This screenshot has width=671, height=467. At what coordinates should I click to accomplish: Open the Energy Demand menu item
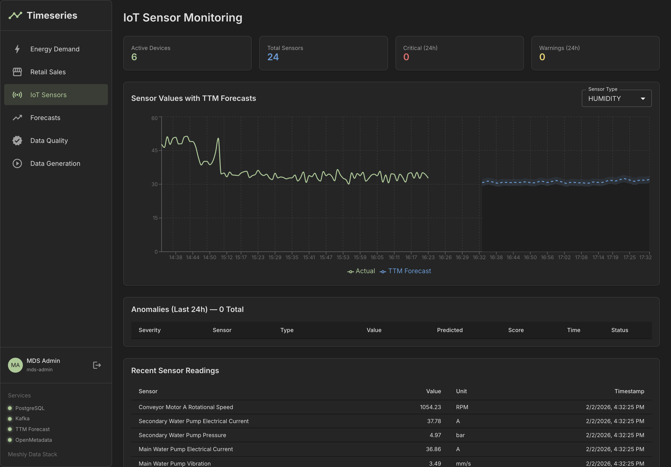coord(55,49)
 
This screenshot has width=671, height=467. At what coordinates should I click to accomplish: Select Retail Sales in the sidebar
coord(48,72)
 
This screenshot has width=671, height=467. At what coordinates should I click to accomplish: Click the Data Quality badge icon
coord(17,141)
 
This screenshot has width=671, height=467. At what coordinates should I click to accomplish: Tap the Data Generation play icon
coord(17,163)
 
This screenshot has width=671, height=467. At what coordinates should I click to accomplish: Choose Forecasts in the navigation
coord(45,118)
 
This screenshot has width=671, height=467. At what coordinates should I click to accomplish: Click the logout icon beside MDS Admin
coord(97,365)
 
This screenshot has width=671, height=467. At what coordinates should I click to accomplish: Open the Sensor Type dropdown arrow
coord(643,99)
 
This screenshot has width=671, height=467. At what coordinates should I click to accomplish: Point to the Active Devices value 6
coord(134,57)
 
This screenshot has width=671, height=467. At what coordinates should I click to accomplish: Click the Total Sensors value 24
coord(273,57)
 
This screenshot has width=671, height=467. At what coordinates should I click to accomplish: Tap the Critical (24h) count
coord(406,57)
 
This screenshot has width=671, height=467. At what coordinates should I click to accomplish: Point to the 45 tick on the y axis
coord(154,151)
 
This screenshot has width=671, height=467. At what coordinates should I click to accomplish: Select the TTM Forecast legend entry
coord(409,271)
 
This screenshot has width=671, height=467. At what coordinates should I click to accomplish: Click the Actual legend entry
coord(365,271)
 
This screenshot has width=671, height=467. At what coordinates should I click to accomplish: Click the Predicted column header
coord(449,330)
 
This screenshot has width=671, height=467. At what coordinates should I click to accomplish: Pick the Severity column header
coord(150,330)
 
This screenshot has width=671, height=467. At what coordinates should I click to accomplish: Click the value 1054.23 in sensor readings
coord(430,407)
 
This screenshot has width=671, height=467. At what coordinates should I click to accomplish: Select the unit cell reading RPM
coord(462,407)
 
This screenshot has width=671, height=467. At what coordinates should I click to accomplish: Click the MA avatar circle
coord(15,365)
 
